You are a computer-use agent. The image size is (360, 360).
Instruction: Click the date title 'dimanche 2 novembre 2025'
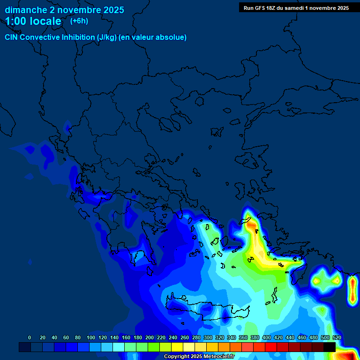coord(64,10)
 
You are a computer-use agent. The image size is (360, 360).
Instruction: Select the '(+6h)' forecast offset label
coord(79,21)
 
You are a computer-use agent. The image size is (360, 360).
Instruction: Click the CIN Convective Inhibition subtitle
coord(96,37)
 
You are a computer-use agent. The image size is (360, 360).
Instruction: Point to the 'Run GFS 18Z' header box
coord(296,7)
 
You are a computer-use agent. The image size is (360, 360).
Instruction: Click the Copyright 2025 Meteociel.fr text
coord(199,357)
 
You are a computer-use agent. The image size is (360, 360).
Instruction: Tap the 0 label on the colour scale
coord(30,337)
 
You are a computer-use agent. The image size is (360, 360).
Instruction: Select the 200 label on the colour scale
coord(150,337)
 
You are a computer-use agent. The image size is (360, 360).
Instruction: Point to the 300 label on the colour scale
coord(207,337)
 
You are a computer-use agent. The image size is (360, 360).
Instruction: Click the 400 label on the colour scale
coord(266,337)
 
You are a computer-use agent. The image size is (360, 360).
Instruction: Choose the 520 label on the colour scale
coord(337,337)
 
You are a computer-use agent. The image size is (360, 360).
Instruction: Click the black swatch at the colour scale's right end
coord(330,347)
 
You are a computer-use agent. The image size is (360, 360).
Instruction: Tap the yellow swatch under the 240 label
coord(177,347)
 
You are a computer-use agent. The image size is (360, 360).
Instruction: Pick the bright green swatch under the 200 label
coord(154,347)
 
